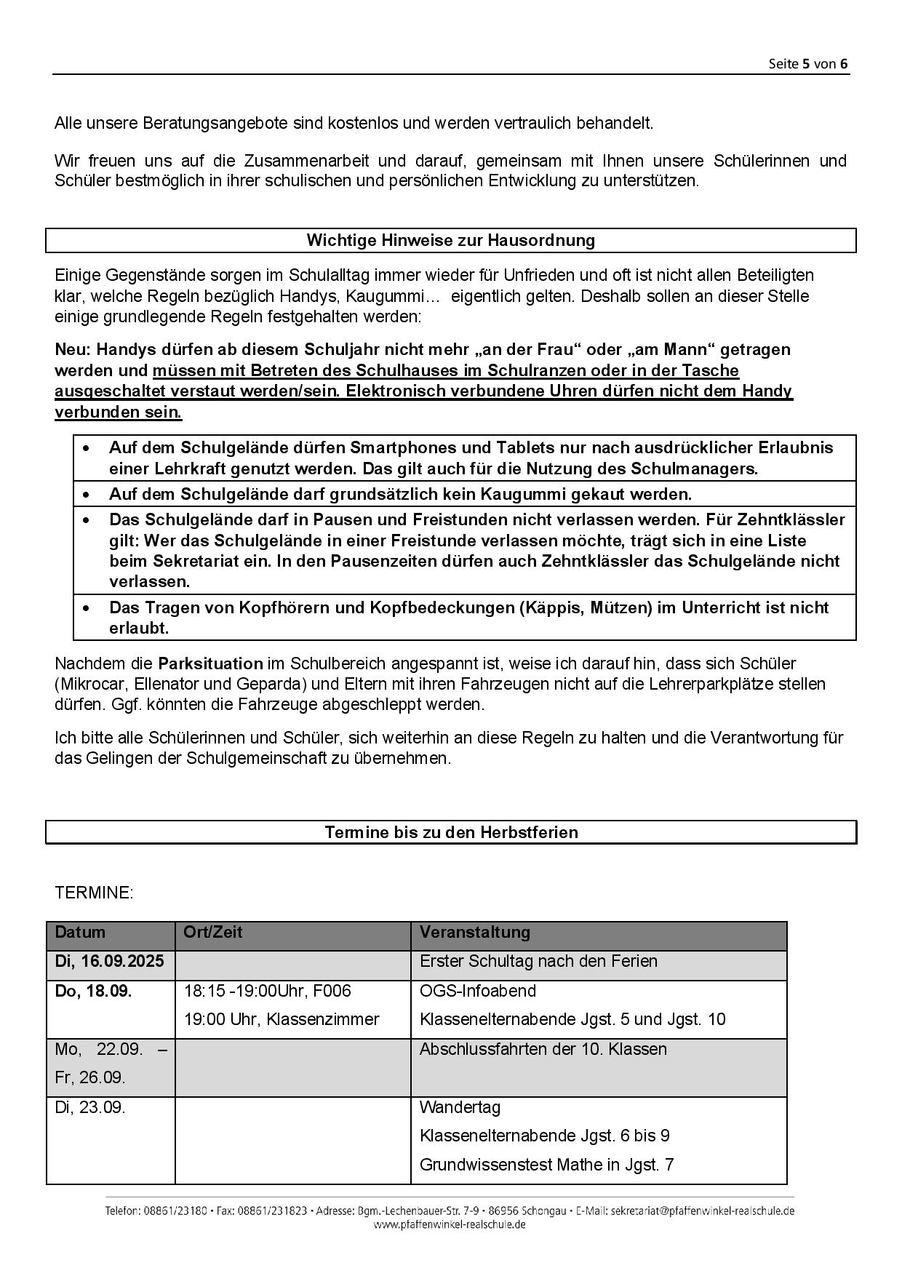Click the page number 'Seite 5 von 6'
[x=807, y=63]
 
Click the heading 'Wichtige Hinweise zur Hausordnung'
[x=450, y=240]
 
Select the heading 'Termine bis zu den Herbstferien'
[x=451, y=832]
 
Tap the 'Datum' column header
[x=80, y=932]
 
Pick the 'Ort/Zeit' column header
[x=213, y=932]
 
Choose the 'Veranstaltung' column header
[x=475, y=932]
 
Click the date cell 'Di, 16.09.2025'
[x=110, y=961]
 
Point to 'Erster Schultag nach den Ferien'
[x=538, y=961]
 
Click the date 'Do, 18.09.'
[x=93, y=991]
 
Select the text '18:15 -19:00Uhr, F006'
[x=267, y=991]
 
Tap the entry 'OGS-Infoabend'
[x=478, y=991]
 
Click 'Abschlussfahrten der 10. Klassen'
[x=543, y=1049]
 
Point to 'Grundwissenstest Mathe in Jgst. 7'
[x=546, y=1165]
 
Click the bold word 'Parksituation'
[x=210, y=663]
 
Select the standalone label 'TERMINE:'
[x=94, y=893]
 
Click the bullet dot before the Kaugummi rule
[x=87, y=495]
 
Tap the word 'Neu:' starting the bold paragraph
[x=73, y=350]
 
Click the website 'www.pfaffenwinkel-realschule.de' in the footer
[x=450, y=1225]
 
